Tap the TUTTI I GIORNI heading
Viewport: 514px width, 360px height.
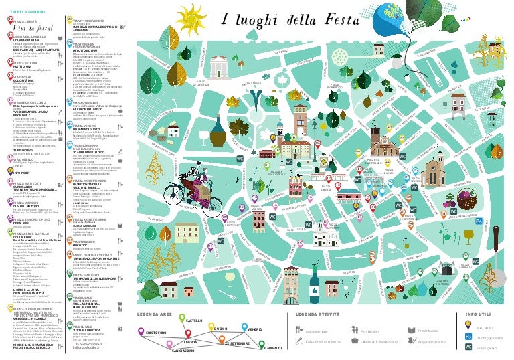(x=26, y=13)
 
